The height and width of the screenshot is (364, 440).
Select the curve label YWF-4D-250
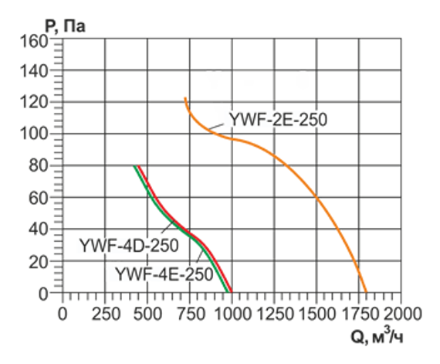(x=128, y=246)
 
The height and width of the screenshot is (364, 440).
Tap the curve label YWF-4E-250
(x=164, y=273)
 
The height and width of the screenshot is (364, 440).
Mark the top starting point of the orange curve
(x=185, y=98)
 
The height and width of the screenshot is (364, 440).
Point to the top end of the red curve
(x=138, y=167)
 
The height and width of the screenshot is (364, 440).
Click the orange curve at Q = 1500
(x=316, y=198)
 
